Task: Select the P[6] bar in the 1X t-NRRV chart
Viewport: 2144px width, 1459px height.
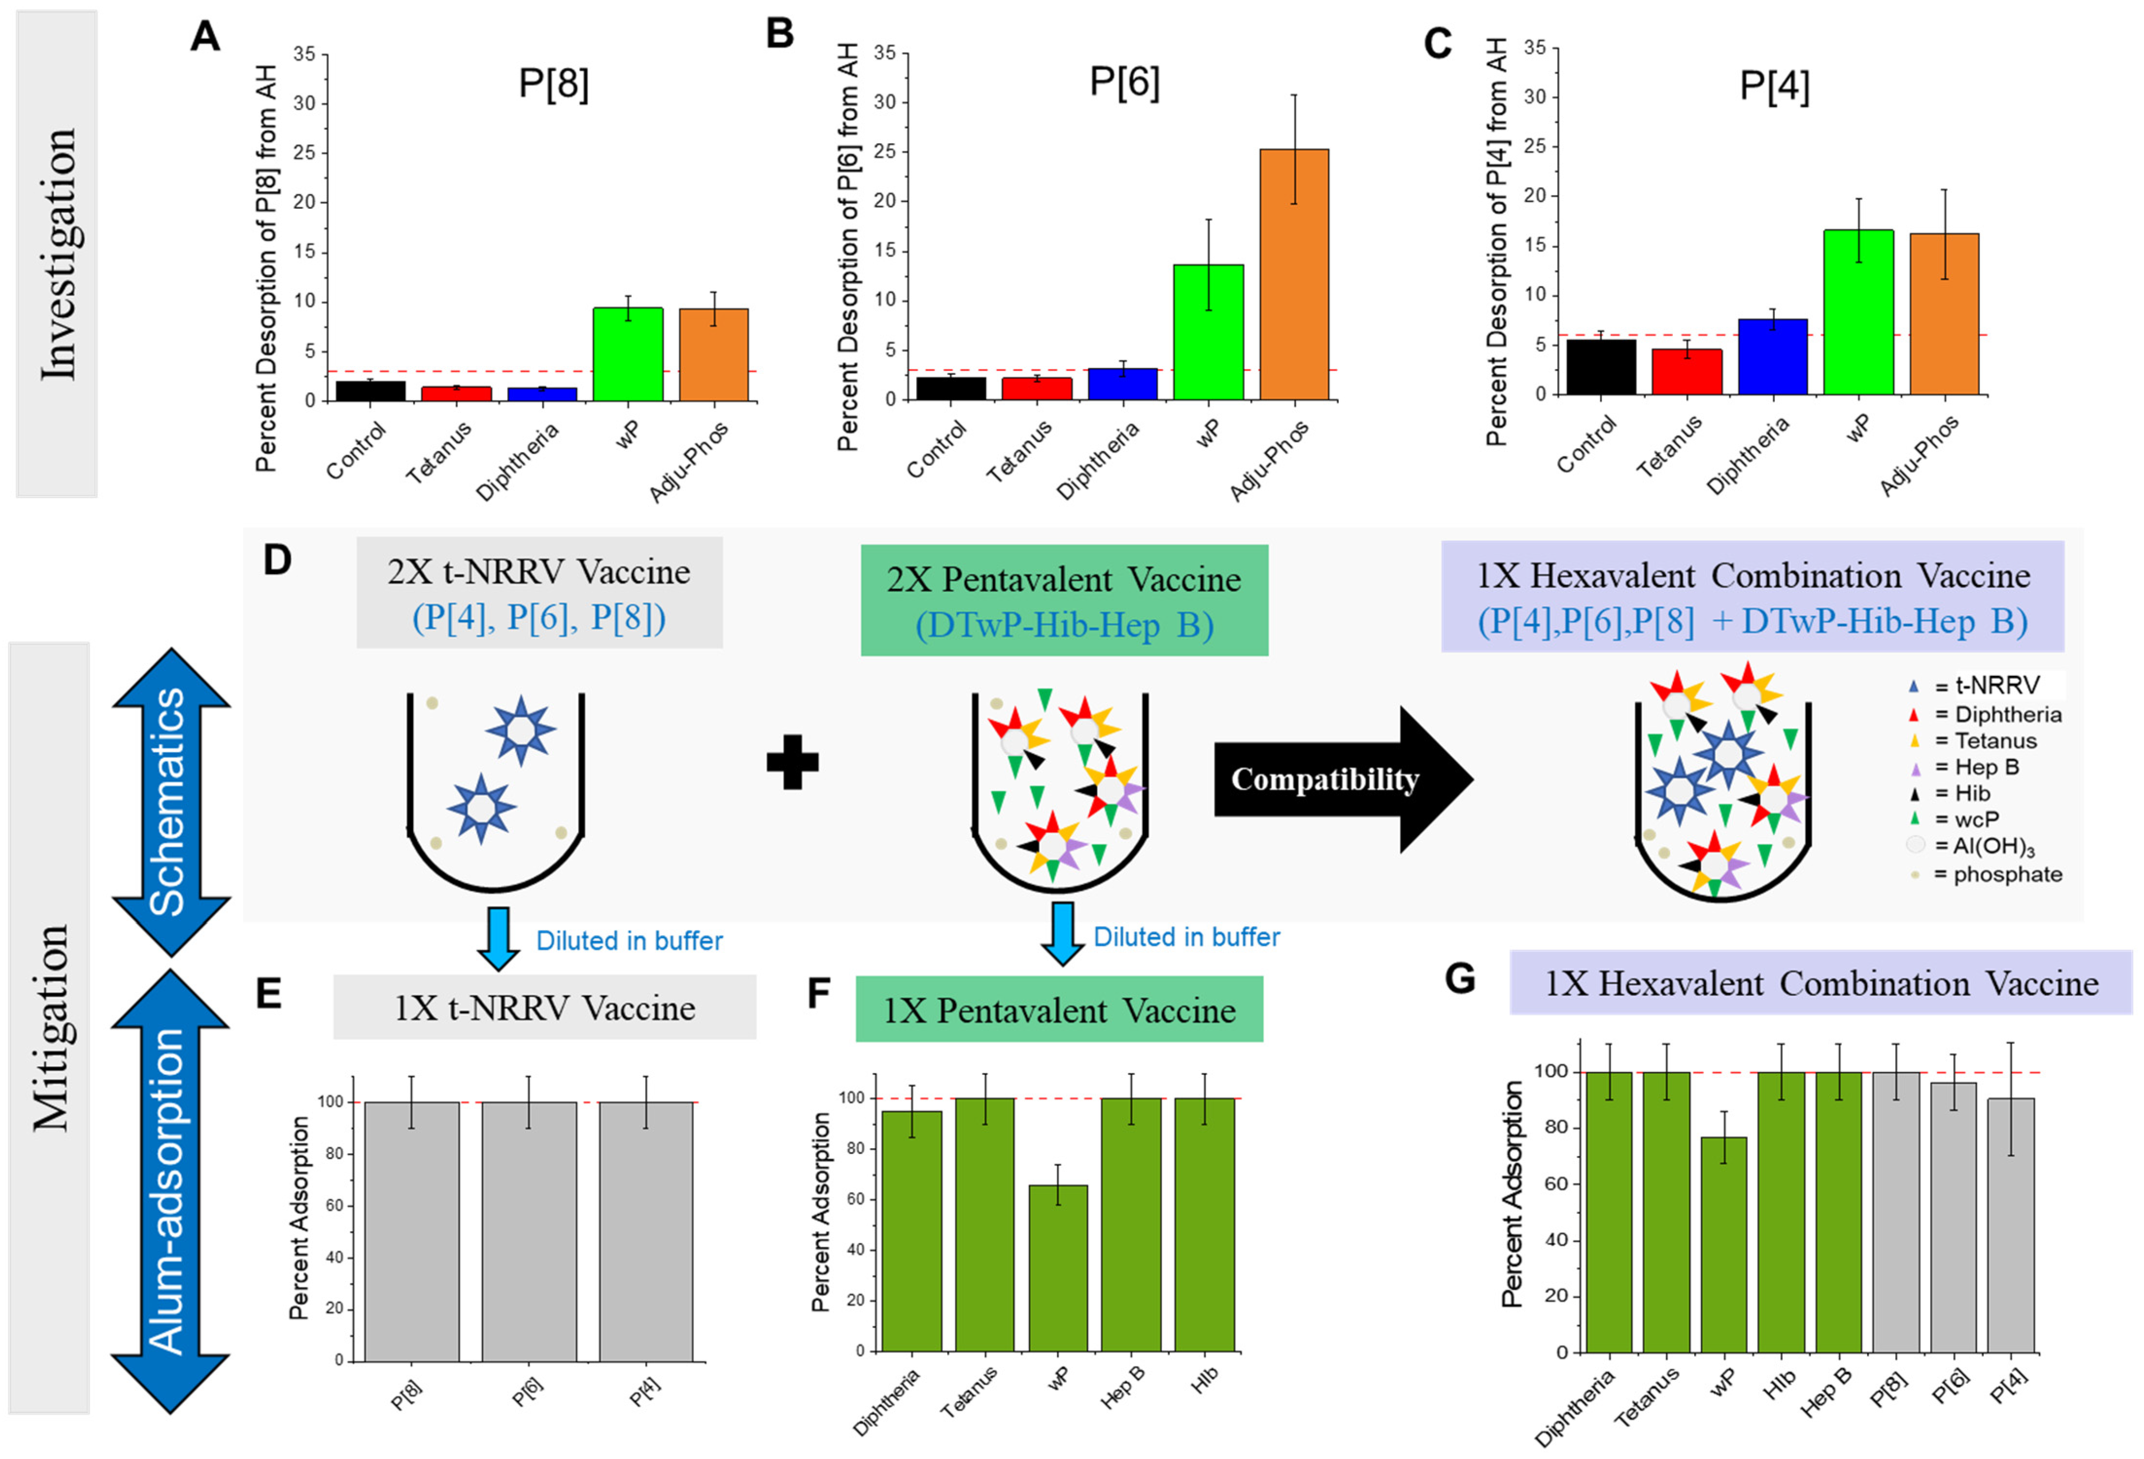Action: [529, 1231]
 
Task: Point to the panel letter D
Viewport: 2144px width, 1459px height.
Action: [277, 560]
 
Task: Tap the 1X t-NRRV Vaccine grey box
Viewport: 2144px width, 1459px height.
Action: [544, 1007]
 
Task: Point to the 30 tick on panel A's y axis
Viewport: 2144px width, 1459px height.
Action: [304, 103]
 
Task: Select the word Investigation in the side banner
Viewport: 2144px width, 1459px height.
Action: [57, 253]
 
